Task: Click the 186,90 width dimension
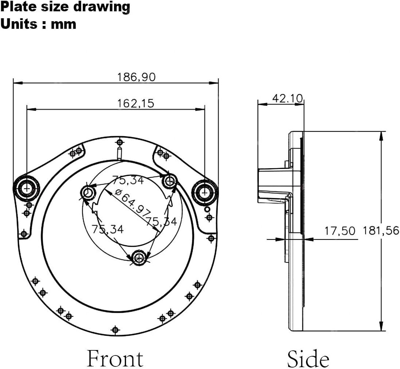tap(136, 77)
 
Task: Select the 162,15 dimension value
tap(136, 104)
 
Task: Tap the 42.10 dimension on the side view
tap(287, 98)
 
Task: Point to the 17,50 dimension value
tap(340, 231)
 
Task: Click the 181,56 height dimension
tap(381, 231)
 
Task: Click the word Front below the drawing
tap(115, 359)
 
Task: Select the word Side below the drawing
tap(308, 359)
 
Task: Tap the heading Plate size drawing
tap(65, 7)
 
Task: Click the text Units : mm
tap(38, 24)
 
